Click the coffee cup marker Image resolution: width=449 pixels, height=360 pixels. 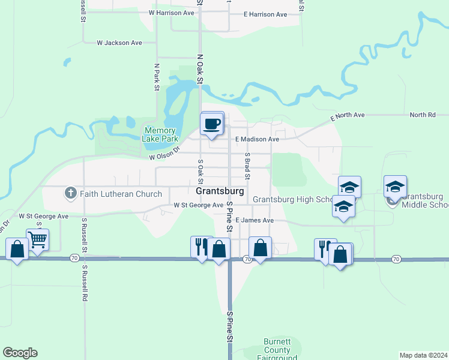tap(212, 124)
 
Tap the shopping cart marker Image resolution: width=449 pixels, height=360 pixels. tap(37, 240)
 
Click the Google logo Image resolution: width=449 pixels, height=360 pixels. tap(20, 353)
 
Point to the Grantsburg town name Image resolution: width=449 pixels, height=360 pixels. tap(220, 191)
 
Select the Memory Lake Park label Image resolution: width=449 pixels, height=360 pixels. tap(160, 134)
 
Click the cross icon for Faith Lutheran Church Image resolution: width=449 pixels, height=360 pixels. tap(70, 193)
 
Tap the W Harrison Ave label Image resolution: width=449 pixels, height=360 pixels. tap(172, 13)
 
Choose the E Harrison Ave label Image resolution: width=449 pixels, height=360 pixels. tap(265, 14)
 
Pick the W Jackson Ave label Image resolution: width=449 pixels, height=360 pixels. tap(119, 43)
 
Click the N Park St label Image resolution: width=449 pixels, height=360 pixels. tap(157, 77)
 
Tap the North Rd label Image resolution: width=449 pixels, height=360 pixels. tap(423, 115)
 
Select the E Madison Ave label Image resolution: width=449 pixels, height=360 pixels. tap(257, 139)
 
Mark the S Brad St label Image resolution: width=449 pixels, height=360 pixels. tap(247, 166)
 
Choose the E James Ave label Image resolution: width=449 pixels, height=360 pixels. tap(255, 220)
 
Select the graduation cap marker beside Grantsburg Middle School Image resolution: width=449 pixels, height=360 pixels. tap(395, 187)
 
